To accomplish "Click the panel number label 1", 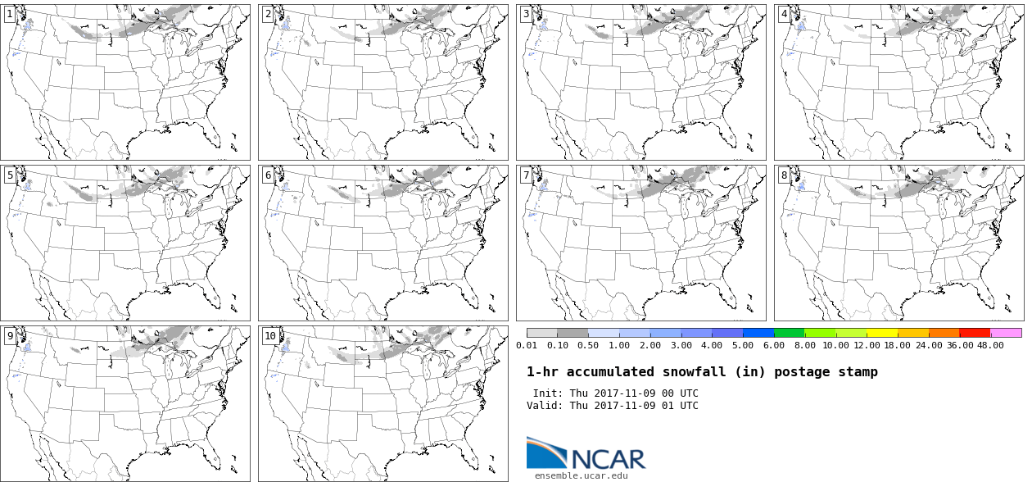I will [9, 14].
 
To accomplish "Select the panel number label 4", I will [784, 14].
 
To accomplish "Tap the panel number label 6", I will [267, 175].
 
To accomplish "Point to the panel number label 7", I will [526, 175].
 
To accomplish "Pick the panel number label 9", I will [9, 335].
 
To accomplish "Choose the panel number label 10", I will [269, 335].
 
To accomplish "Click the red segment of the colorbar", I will [975, 333].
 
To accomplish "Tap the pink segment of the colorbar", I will [1006, 333].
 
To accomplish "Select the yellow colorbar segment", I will [882, 333].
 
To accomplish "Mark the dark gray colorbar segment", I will [573, 333].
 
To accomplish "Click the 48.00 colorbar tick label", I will [990, 345].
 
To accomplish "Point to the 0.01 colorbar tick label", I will [527, 345].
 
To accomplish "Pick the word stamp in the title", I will [857, 372].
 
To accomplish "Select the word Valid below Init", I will [543, 406].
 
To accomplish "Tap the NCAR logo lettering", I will [607, 458].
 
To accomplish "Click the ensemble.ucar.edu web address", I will [582, 475].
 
